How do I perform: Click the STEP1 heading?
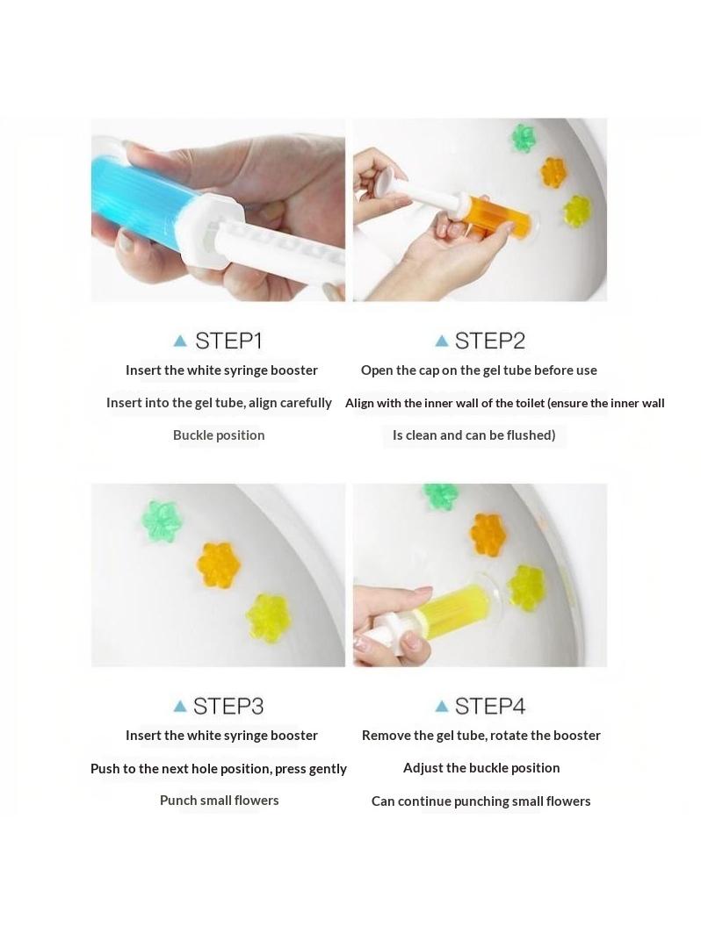tap(229, 341)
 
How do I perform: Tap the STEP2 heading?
tap(490, 341)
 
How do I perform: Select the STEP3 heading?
tap(228, 706)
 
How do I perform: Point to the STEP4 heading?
tap(490, 706)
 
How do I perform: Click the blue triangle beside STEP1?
tap(179, 341)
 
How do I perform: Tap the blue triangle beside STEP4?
tap(442, 706)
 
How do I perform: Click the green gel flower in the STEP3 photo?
tap(162, 521)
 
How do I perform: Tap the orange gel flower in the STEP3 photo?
tap(218, 564)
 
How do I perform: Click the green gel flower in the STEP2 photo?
tap(524, 138)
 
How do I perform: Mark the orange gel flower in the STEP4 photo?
tap(488, 533)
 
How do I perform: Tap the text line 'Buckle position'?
tap(219, 435)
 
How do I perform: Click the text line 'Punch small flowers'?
tap(220, 801)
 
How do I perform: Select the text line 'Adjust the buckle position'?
tap(481, 768)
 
